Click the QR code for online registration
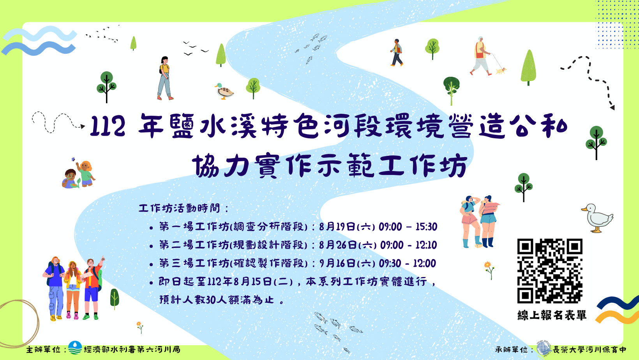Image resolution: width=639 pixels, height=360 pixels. (x=550, y=271)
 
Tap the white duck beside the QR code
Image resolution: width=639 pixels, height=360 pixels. (x=597, y=218)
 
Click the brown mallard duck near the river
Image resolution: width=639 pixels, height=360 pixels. (x=224, y=91)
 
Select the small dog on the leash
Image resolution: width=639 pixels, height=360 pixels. (x=501, y=71)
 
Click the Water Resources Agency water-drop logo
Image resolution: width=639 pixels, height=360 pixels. (x=75, y=348)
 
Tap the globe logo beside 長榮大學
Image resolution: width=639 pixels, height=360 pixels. (x=544, y=348)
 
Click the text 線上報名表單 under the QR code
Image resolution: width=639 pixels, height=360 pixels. (x=552, y=315)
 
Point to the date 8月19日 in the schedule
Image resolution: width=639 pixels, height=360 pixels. (x=337, y=227)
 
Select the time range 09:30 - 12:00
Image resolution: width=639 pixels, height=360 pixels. (x=408, y=263)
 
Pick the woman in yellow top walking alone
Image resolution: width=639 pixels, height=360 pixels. (x=165, y=78)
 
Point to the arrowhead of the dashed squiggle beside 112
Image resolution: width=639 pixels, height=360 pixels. (x=83, y=126)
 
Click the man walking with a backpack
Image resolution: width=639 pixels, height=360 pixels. (x=397, y=53)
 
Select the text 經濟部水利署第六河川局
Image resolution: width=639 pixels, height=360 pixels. (x=132, y=349)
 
